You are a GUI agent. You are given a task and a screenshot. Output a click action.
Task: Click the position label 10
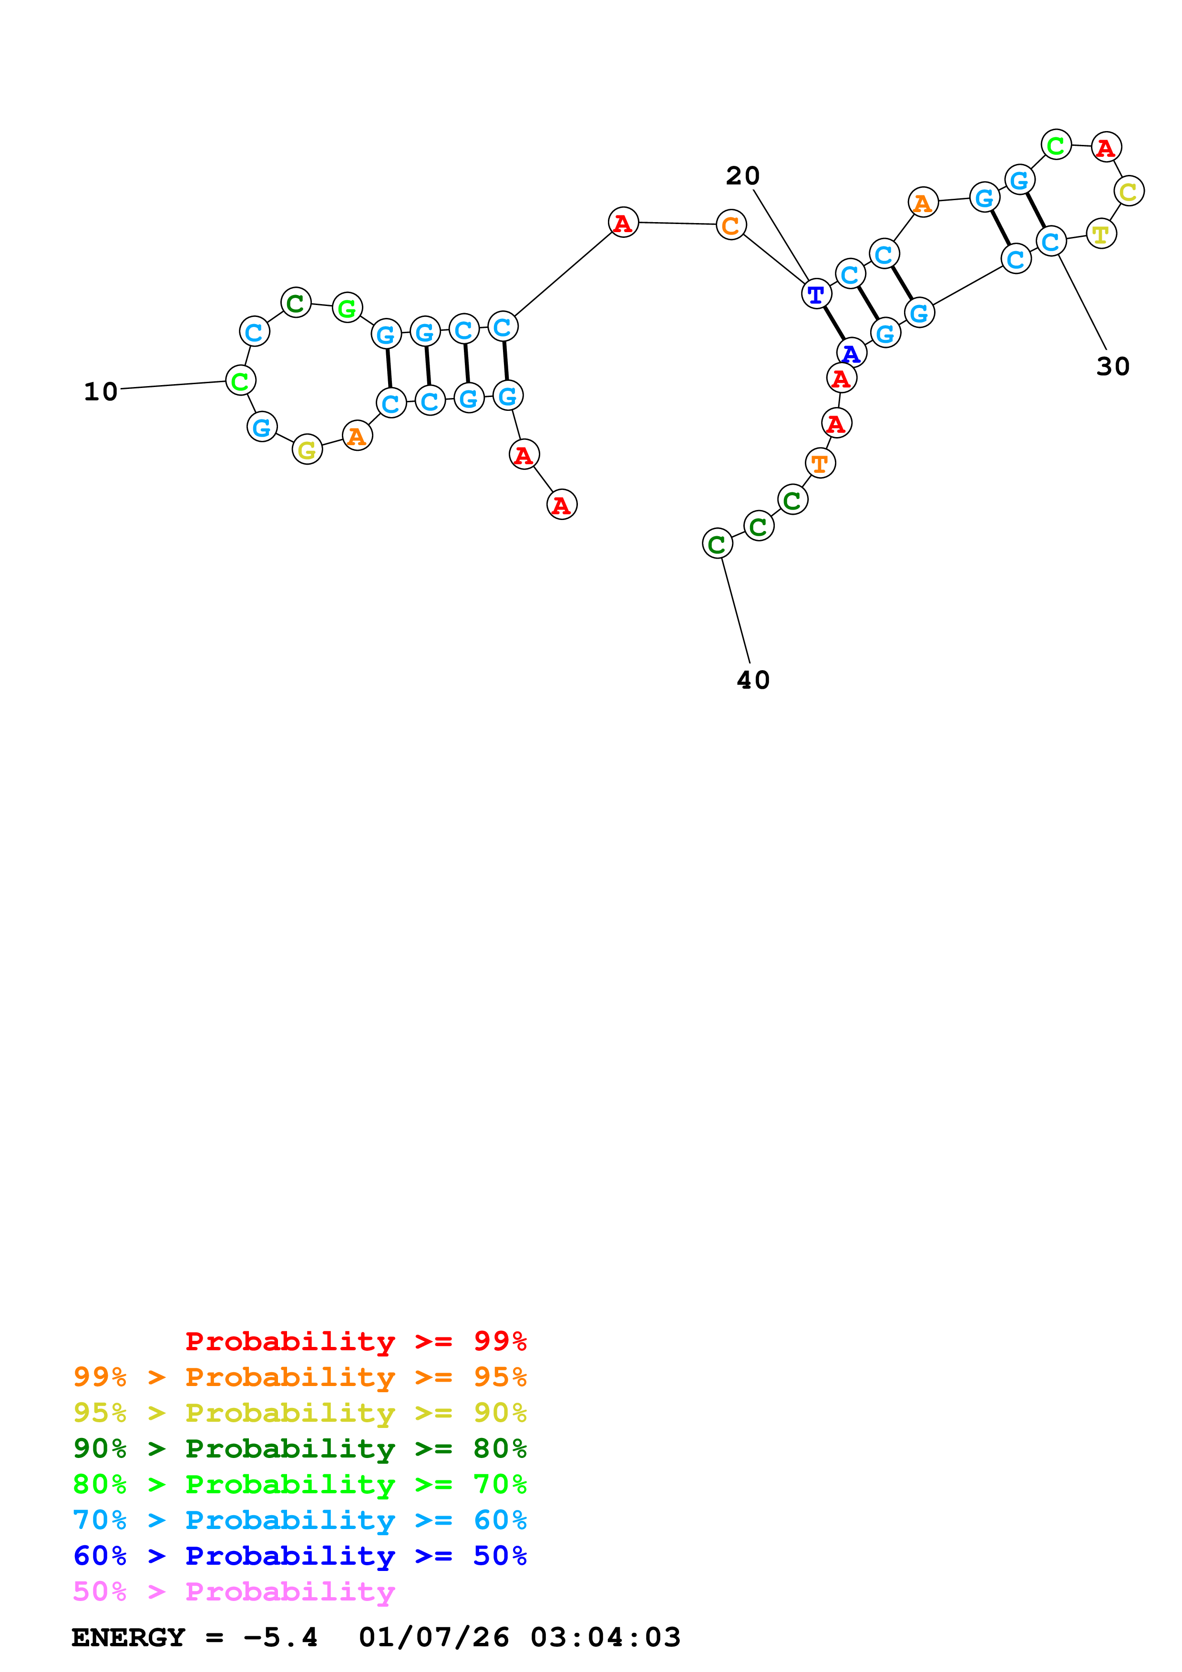(x=101, y=392)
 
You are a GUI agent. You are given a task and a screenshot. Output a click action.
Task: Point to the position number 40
(x=753, y=680)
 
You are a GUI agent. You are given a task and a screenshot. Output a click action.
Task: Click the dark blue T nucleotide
(x=816, y=294)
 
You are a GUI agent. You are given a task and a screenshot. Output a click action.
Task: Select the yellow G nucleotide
(x=308, y=449)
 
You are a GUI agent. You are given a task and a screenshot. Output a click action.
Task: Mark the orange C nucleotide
(x=730, y=225)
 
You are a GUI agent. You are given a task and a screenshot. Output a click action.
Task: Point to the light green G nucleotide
(x=348, y=307)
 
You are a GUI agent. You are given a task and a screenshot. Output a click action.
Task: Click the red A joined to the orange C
(x=623, y=223)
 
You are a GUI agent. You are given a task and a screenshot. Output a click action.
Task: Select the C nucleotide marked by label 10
(x=240, y=380)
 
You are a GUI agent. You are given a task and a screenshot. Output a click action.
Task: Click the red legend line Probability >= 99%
(x=355, y=1341)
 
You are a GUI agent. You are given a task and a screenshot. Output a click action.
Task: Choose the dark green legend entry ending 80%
(x=299, y=1448)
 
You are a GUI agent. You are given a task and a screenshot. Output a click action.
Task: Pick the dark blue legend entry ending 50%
(x=299, y=1556)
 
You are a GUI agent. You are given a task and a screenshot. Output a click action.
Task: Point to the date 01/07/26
(x=433, y=1637)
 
